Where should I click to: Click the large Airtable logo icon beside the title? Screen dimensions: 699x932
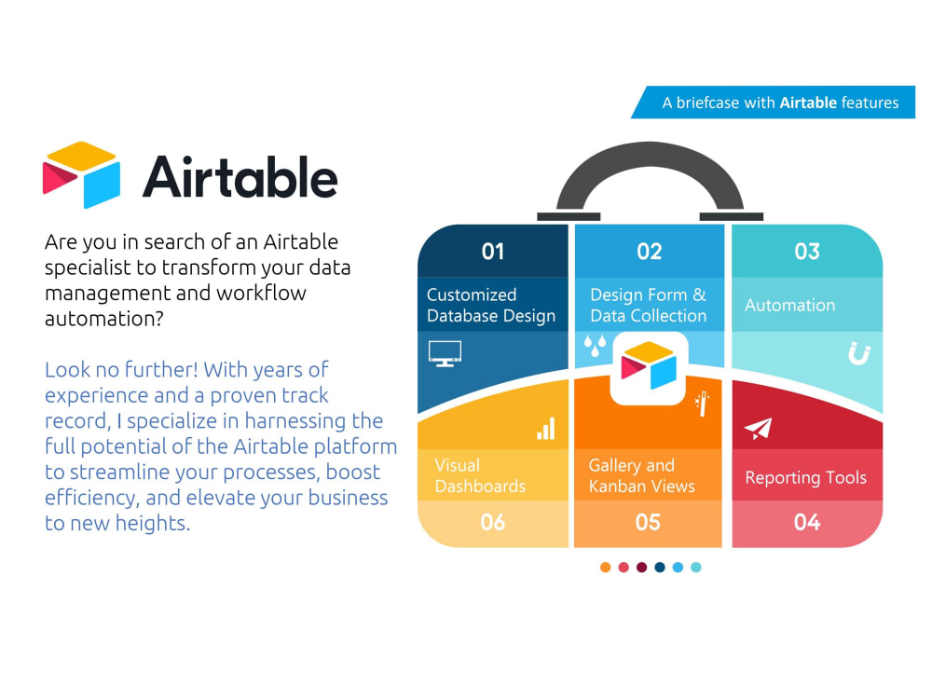pyautogui.click(x=82, y=174)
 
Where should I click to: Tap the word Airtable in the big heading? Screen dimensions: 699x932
pyautogui.click(x=240, y=175)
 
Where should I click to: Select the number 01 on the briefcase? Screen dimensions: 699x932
pyautogui.click(x=492, y=252)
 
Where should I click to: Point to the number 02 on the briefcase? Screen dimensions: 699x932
pyautogui.click(x=649, y=252)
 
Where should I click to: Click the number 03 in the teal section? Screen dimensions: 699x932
pyautogui.click(x=806, y=252)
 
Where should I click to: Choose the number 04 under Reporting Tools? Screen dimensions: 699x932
pyautogui.click(x=806, y=522)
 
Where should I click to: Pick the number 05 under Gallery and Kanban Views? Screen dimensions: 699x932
pyautogui.click(x=648, y=522)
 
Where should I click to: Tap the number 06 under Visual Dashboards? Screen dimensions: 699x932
pyautogui.click(x=492, y=522)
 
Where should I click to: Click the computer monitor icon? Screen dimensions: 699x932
pyautogui.click(x=445, y=353)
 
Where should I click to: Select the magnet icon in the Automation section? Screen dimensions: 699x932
pyautogui.click(x=858, y=354)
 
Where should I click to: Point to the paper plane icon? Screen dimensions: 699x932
pyautogui.click(x=758, y=429)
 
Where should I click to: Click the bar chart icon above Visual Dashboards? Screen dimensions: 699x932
pyautogui.click(x=545, y=429)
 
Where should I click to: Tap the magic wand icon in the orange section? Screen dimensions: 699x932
pyautogui.click(x=702, y=404)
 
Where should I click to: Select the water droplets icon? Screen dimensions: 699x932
pyautogui.click(x=594, y=348)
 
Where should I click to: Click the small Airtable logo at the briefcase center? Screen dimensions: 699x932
pyautogui.click(x=649, y=366)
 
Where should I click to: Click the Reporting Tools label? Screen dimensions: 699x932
pyautogui.click(x=805, y=478)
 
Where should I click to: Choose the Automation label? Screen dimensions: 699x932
pyautogui.click(x=789, y=305)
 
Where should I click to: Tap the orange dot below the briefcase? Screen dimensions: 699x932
pyautogui.click(x=606, y=567)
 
